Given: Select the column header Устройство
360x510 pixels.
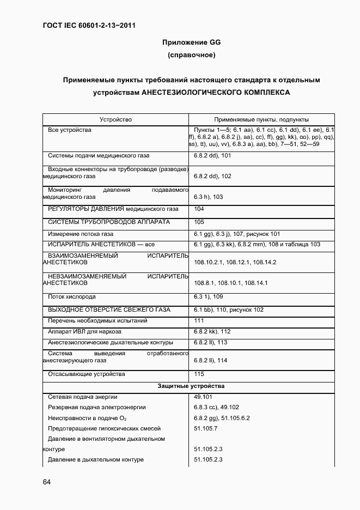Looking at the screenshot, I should pos(115,119).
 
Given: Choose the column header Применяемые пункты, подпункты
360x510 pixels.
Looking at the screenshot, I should pos(261,119).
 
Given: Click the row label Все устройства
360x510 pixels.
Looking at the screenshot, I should pos(70,130).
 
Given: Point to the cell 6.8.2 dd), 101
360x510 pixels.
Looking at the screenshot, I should pos(212,156).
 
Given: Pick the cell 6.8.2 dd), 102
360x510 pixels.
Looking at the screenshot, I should pos(212,177).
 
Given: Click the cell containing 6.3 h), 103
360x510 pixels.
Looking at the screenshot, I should pos(209,197).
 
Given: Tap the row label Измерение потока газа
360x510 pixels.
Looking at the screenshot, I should pos(81,234).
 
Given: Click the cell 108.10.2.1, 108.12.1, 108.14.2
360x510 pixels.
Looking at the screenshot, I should pos(235,263).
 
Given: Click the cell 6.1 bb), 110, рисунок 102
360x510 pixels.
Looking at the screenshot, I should pos(228,310).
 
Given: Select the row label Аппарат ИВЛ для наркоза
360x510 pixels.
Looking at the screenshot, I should pos(84,331).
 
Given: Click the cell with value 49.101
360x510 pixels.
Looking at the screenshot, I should pos(203,397).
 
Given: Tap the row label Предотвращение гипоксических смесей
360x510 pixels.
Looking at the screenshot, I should pos(102,428).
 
